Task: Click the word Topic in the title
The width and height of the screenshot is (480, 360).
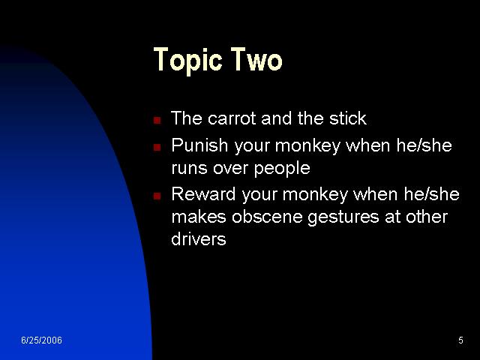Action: click(187, 60)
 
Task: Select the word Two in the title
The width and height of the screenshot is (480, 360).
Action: click(256, 59)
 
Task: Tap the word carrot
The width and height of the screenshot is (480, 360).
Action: click(232, 118)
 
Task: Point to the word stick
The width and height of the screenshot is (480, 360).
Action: click(348, 118)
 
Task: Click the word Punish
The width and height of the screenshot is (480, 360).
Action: click(199, 145)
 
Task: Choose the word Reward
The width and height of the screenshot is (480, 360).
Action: click(203, 193)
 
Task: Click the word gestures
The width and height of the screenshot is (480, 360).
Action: click(343, 217)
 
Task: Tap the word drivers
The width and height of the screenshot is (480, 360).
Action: click(199, 238)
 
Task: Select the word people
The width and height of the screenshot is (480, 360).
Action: click(282, 169)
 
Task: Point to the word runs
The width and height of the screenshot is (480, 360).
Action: click(189, 169)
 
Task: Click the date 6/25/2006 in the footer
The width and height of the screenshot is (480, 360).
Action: click(42, 340)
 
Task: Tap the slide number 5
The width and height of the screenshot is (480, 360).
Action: click(460, 340)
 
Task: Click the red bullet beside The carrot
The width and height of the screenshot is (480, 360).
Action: click(157, 120)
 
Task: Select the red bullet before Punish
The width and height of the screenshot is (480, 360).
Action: click(157, 147)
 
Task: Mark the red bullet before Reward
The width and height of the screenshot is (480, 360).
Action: click(157, 196)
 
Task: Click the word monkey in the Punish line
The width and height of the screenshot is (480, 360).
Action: click(307, 146)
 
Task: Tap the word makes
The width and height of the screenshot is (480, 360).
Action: click(199, 217)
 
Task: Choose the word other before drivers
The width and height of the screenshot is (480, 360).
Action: click(427, 217)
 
